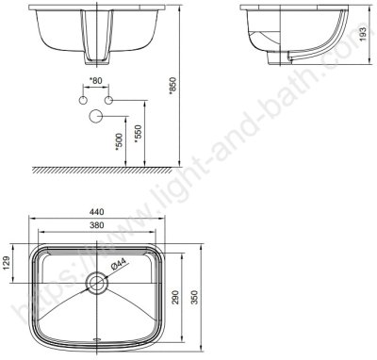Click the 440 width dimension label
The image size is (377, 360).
[x=96, y=212]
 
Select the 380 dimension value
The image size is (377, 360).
[x=96, y=225]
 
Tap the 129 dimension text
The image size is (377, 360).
[x=8, y=263]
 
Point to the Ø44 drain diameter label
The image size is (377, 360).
[x=118, y=264]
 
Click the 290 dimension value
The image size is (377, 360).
[x=175, y=297]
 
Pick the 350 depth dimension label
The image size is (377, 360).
[x=195, y=297]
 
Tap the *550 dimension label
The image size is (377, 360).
[x=139, y=134]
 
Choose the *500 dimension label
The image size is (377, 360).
[x=119, y=141]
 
